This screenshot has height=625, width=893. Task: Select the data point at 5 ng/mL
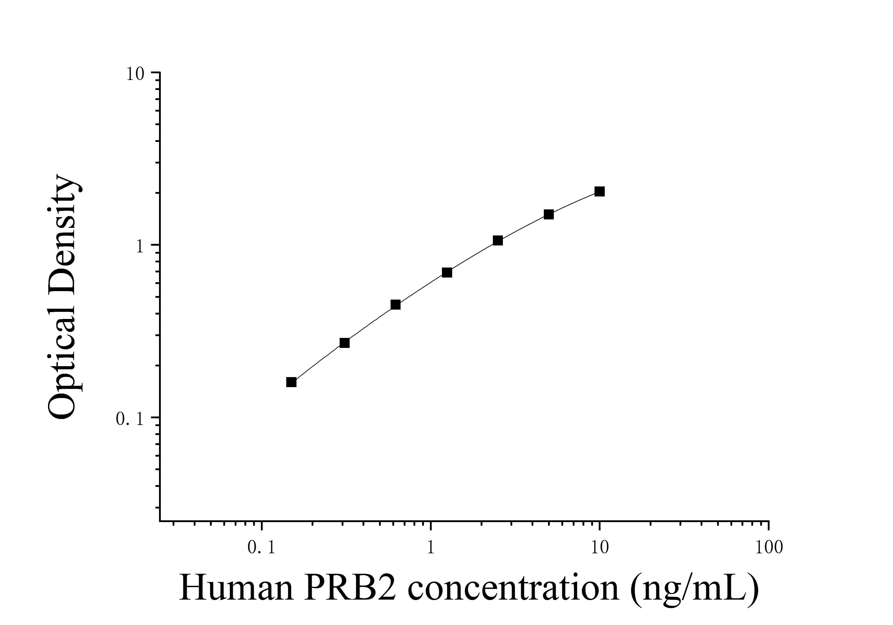tap(548, 214)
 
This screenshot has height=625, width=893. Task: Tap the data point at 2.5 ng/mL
tap(498, 240)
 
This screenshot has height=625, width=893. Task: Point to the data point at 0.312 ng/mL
tap(345, 343)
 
